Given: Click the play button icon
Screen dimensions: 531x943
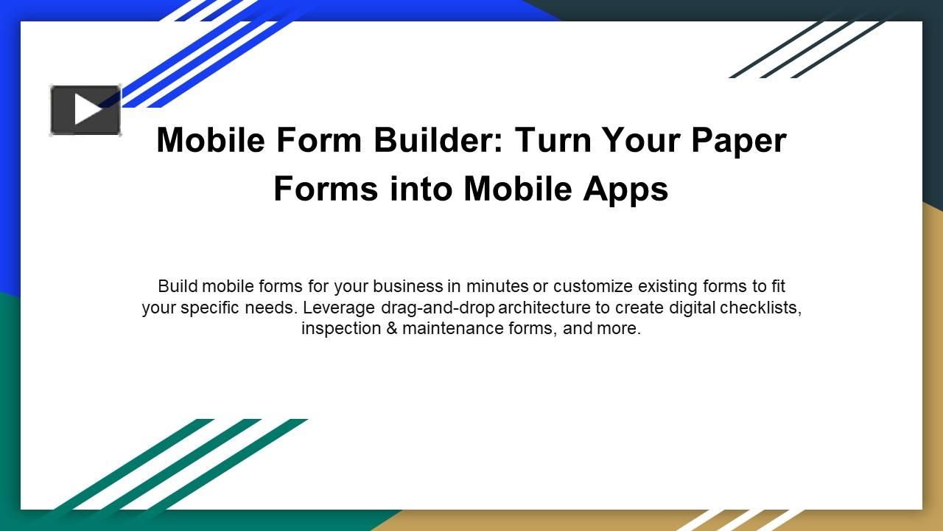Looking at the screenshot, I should [85, 110].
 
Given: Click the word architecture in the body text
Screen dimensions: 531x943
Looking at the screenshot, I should [544, 308].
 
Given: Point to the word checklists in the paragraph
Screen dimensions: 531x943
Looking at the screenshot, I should [760, 308].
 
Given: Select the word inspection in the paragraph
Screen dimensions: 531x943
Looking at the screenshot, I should [340, 328].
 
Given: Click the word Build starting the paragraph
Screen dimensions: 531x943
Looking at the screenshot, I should [177, 286].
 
